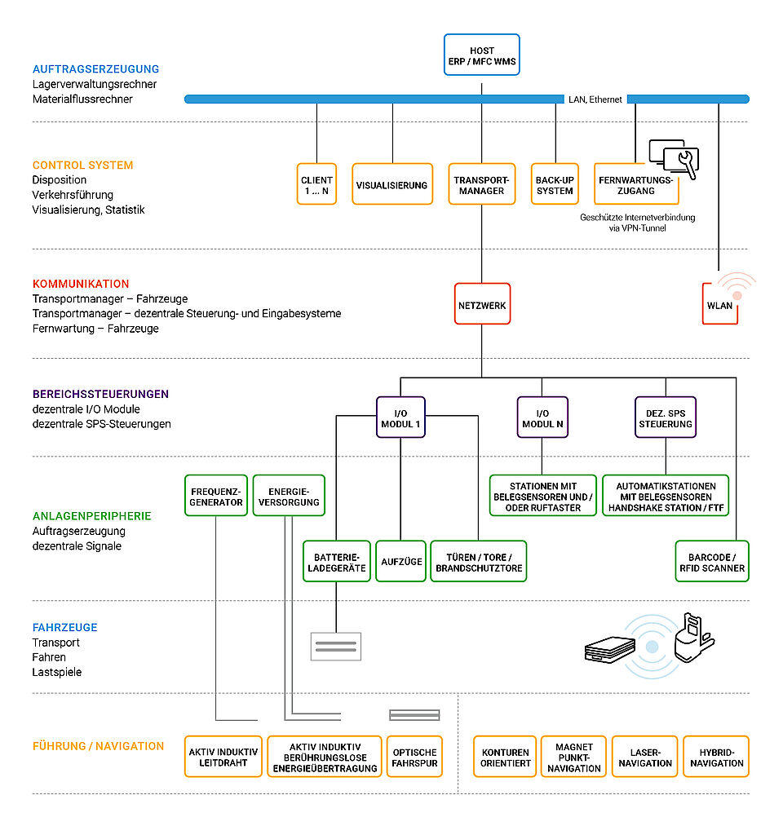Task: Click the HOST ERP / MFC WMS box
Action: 481,55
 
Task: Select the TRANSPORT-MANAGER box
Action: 481,183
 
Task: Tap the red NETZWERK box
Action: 482,304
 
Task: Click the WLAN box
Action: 719,304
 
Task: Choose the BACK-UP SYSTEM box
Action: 555,183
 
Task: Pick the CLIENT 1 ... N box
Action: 316,183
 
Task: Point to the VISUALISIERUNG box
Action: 392,183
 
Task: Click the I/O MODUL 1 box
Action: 400,417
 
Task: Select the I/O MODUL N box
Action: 542,417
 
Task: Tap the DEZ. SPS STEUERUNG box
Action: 666,417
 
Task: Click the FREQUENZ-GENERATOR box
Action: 216,495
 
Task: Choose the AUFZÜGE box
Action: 401,561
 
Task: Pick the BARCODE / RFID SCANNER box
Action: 712,561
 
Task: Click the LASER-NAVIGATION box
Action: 645,757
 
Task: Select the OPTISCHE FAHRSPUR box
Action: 414,757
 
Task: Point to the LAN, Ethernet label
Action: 595,99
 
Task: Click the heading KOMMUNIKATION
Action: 81,284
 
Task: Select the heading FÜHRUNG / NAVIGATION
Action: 98,746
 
